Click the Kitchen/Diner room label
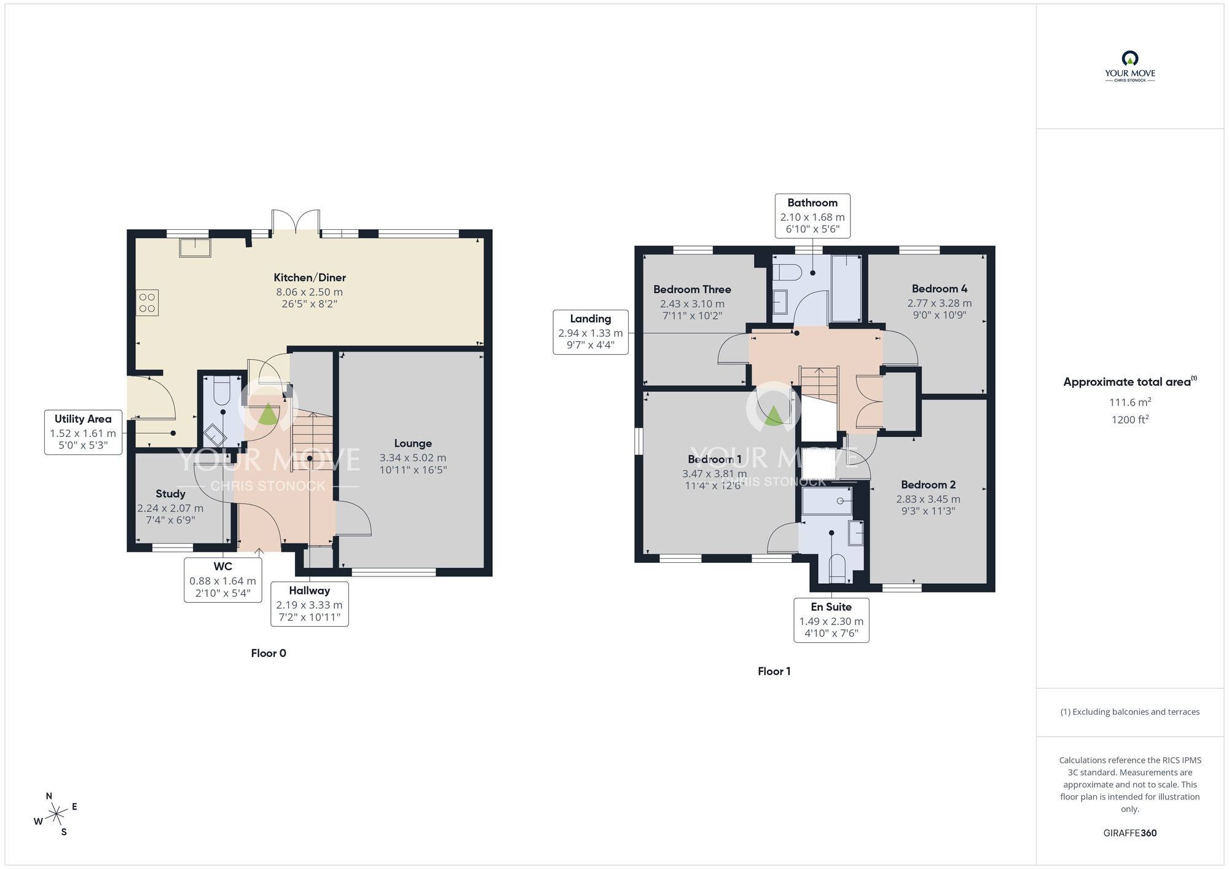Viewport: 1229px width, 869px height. (x=309, y=278)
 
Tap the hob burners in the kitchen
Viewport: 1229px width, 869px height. (x=147, y=303)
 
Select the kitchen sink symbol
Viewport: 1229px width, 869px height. (x=195, y=248)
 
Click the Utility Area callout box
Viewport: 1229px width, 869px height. (x=83, y=432)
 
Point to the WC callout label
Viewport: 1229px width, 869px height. (x=222, y=580)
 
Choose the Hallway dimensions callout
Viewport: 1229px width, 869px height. (x=309, y=604)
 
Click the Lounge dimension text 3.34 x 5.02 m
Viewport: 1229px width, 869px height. (x=412, y=458)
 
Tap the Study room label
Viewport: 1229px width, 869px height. (x=170, y=494)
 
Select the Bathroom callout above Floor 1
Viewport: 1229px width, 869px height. (x=812, y=216)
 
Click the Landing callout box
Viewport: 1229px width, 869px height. (x=590, y=332)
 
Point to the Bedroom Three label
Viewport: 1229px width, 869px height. (x=692, y=289)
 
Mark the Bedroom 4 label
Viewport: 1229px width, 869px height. (x=939, y=289)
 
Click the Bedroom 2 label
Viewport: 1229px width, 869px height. (x=928, y=485)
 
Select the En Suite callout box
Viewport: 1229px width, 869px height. (x=831, y=620)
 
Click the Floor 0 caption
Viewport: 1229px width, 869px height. (x=269, y=653)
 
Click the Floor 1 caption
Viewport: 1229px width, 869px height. (x=774, y=671)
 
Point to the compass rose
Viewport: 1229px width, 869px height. (x=56, y=814)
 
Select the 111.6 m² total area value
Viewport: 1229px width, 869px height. (x=1129, y=402)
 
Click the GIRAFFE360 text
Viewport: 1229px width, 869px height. (x=1129, y=833)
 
